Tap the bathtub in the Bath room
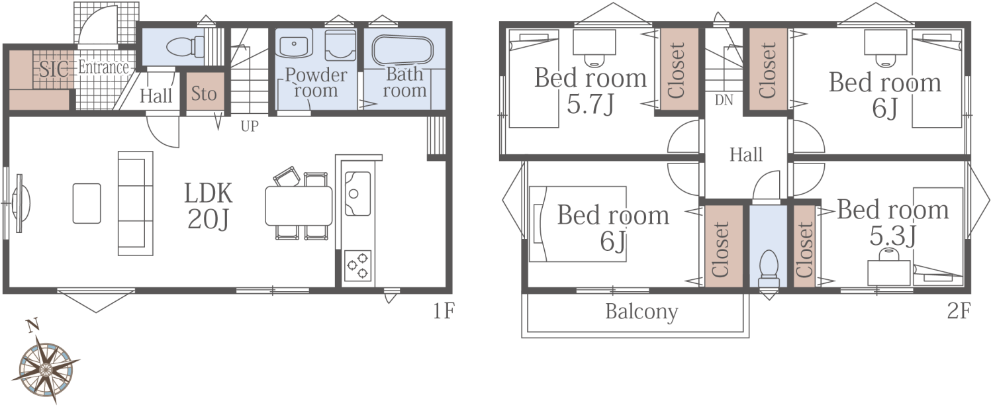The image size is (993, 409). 402,50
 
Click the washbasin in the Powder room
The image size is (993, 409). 294,43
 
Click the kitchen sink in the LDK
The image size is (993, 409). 357,194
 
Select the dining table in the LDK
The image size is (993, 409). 299,206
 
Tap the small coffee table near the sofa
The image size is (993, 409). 87,203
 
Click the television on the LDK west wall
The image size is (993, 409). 21,203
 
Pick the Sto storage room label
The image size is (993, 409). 204,94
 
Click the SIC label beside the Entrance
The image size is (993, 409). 54,69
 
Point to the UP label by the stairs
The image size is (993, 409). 250,126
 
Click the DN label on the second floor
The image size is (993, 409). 724,101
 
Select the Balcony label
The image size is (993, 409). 641,312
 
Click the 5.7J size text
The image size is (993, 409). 591,105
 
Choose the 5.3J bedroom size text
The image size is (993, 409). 892,236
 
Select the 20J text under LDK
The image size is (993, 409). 209,219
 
